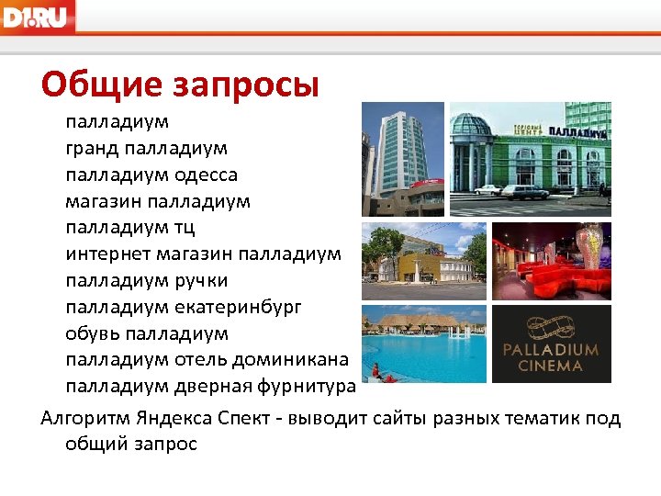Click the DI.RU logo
click(38, 16)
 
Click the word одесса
click(207, 174)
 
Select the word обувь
click(92, 332)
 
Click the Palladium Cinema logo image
click(552, 344)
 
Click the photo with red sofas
click(552, 261)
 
